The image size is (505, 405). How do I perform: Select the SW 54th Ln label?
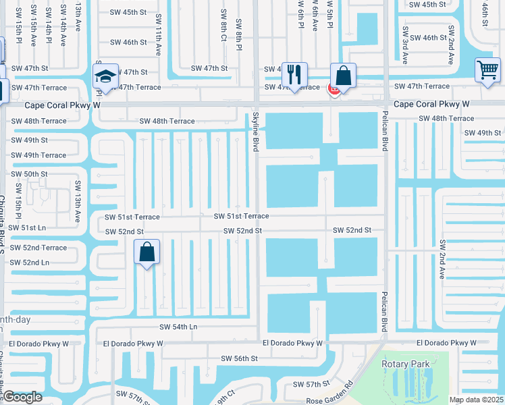[x=178, y=327]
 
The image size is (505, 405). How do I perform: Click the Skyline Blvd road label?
[x=256, y=131]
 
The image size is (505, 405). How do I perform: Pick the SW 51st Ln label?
[x=28, y=228]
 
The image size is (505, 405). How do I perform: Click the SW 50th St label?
[x=29, y=174]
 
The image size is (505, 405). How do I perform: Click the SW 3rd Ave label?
[x=406, y=45]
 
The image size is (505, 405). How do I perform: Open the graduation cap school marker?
[x=106, y=76]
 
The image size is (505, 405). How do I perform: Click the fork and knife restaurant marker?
[x=294, y=74]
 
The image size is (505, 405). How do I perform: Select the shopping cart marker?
[x=487, y=69]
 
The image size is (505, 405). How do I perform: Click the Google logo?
[x=22, y=398]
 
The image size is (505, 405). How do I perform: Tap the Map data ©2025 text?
[x=475, y=400]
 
